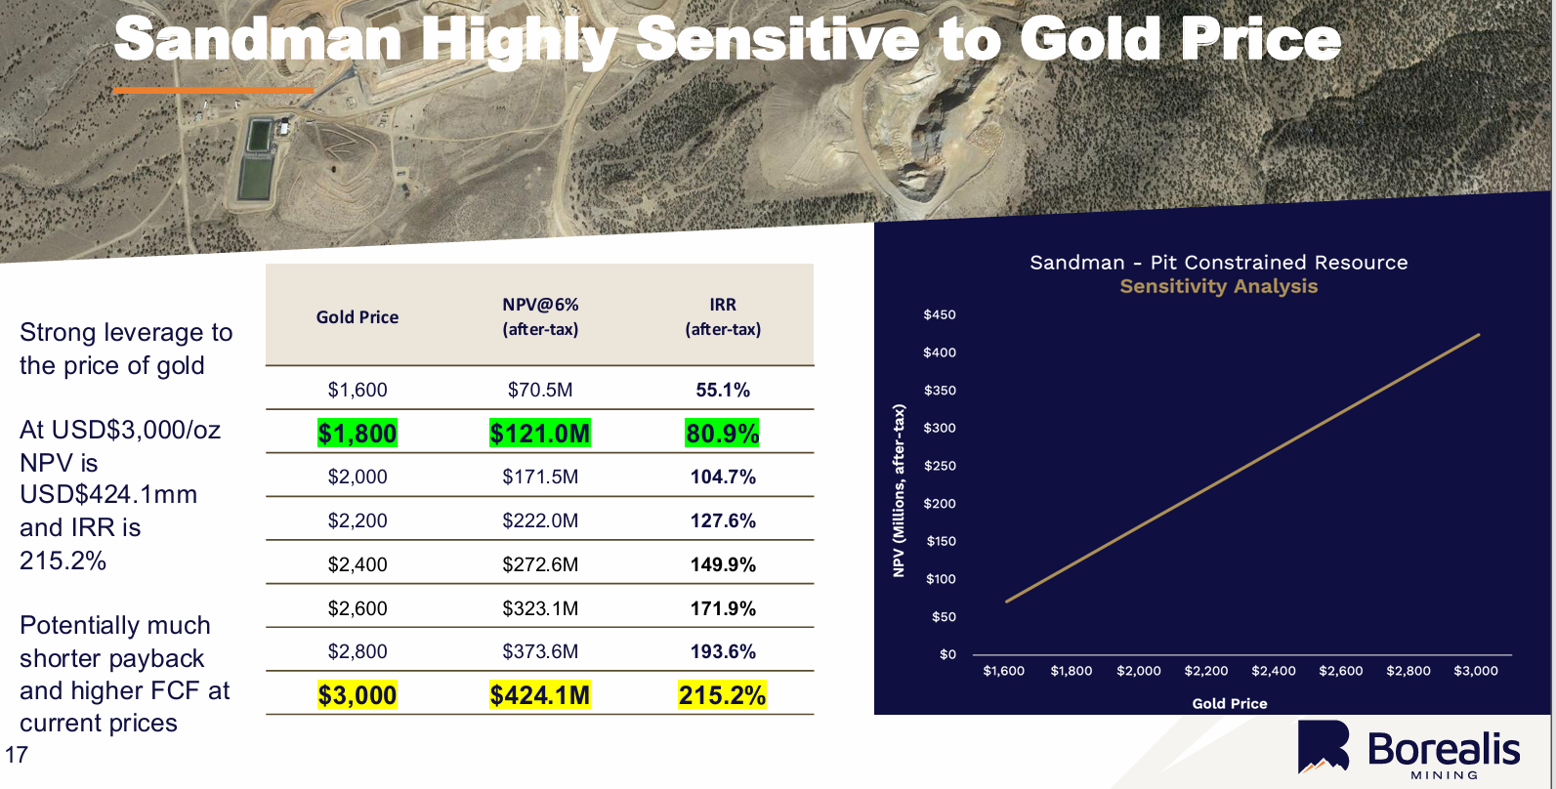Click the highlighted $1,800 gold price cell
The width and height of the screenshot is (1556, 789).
coord(357,434)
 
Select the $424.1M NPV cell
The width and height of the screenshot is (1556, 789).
coord(540,695)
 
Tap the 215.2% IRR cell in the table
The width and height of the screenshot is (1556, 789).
coord(723,695)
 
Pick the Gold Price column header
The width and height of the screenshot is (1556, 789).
coord(357,317)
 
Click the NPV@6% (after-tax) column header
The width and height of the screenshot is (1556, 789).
coord(540,316)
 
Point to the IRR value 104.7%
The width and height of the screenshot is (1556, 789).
coord(723,478)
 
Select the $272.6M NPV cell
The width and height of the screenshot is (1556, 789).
coord(540,564)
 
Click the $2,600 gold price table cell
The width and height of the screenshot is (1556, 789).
coord(357,608)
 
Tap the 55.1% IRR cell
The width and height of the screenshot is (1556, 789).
coord(723,391)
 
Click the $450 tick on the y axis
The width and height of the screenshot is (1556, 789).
coord(940,314)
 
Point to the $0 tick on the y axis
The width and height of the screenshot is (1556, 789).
coord(947,654)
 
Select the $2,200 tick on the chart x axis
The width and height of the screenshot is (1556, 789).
coord(1206,671)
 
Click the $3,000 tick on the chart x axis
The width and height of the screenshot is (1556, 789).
coord(1476,671)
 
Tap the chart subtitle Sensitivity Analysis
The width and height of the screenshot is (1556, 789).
coord(1219,286)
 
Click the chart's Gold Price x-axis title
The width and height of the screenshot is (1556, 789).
coord(1230,703)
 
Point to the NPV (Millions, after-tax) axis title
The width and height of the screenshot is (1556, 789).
coord(900,490)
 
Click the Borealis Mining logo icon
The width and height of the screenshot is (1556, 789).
coord(1324,748)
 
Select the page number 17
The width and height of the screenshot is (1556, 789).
coord(17,755)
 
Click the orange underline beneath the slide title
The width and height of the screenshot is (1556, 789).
coord(213,91)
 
